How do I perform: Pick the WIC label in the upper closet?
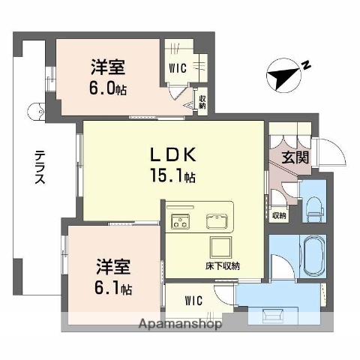coord(178,67)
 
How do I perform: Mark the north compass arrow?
coord(282,75)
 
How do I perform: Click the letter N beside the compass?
coord(306,66)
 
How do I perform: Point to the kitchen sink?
coord(217,220)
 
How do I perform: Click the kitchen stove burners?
coord(181,220)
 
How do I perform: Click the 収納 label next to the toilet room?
coord(279,216)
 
